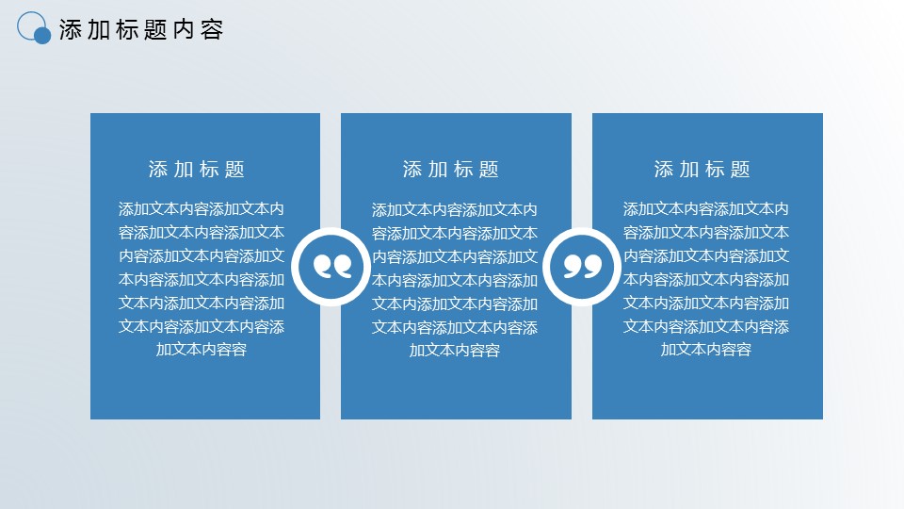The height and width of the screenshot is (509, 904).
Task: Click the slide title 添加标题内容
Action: (x=140, y=30)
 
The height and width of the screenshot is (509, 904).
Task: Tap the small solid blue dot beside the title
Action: (x=42, y=36)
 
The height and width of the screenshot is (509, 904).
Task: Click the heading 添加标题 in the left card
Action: (x=197, y=170)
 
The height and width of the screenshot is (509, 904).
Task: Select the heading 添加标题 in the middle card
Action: (x=451, y=170)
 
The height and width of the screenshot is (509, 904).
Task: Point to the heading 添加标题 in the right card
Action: (x=702, y=170)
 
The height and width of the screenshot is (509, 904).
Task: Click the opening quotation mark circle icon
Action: (x=331, y=267)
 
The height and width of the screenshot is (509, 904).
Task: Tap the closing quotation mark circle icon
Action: (x=582, y=267)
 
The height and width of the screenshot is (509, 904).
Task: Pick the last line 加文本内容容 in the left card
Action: (x=202, y=349)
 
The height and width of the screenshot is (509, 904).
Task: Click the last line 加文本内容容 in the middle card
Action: (x=454, y=351)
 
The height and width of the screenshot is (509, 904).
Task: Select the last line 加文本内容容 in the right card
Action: (x=705, y=349)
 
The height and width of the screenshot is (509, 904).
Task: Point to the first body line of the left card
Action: (x=202, y=209)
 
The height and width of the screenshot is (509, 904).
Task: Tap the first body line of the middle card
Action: (x=454, y=209)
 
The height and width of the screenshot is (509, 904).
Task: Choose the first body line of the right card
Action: (x=705, y=209)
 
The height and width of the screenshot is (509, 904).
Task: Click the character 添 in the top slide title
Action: (x=71, y=30)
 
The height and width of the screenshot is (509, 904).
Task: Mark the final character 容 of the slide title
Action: (x=212, y=30)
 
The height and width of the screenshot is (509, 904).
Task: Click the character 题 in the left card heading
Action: (x=235, y=170)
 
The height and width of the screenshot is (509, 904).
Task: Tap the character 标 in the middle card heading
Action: (x=463, y=170)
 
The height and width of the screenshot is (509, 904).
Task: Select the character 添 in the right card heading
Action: (x=664, y=170)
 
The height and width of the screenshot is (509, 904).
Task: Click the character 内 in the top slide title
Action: (x=184, y=30)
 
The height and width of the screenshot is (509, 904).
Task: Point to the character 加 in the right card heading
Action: (x=689, y=170)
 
